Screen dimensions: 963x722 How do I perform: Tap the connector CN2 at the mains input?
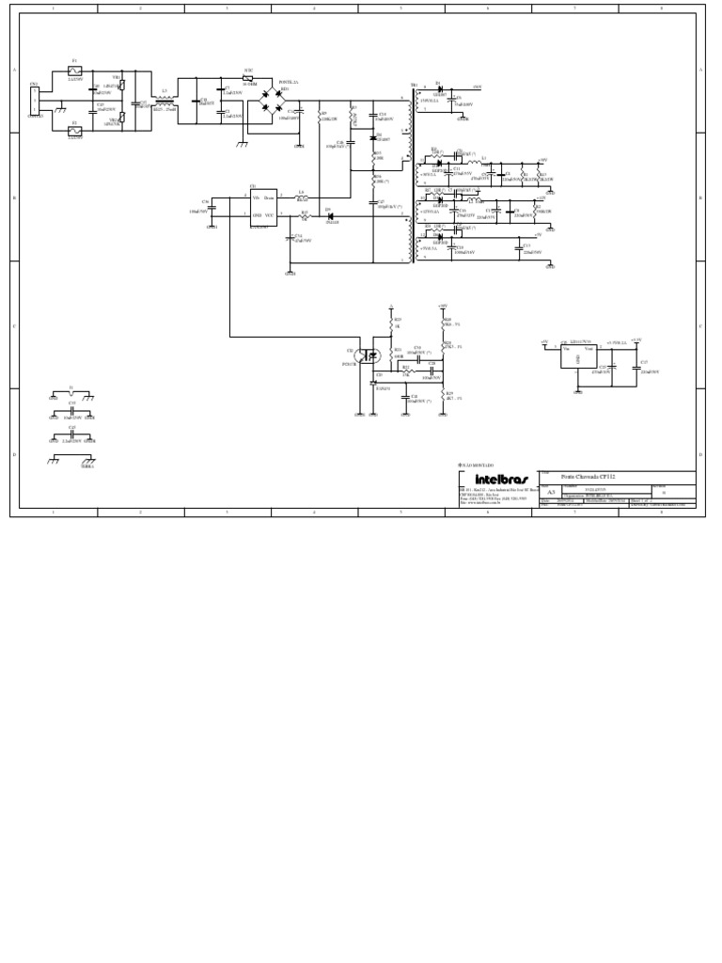click(x=35, y=102)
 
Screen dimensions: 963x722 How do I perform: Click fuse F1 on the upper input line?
click(x=76, y=71)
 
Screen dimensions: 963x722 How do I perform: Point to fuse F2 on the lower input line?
click(x=76, y=131)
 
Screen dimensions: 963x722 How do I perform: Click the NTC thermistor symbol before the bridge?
click(x=247, y=78)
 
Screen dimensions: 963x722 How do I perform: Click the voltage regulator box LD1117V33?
click(x=577, y=355)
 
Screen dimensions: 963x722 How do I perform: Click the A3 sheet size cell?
click(x=551, y=491)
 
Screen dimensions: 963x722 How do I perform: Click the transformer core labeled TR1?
click(x=411, y=174)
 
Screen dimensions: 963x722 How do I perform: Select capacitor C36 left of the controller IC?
click(x=212, y=208)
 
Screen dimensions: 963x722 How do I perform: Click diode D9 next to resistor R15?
click(x=330, y=215)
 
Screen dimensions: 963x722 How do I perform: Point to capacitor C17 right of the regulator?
click(x=637, y=366)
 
